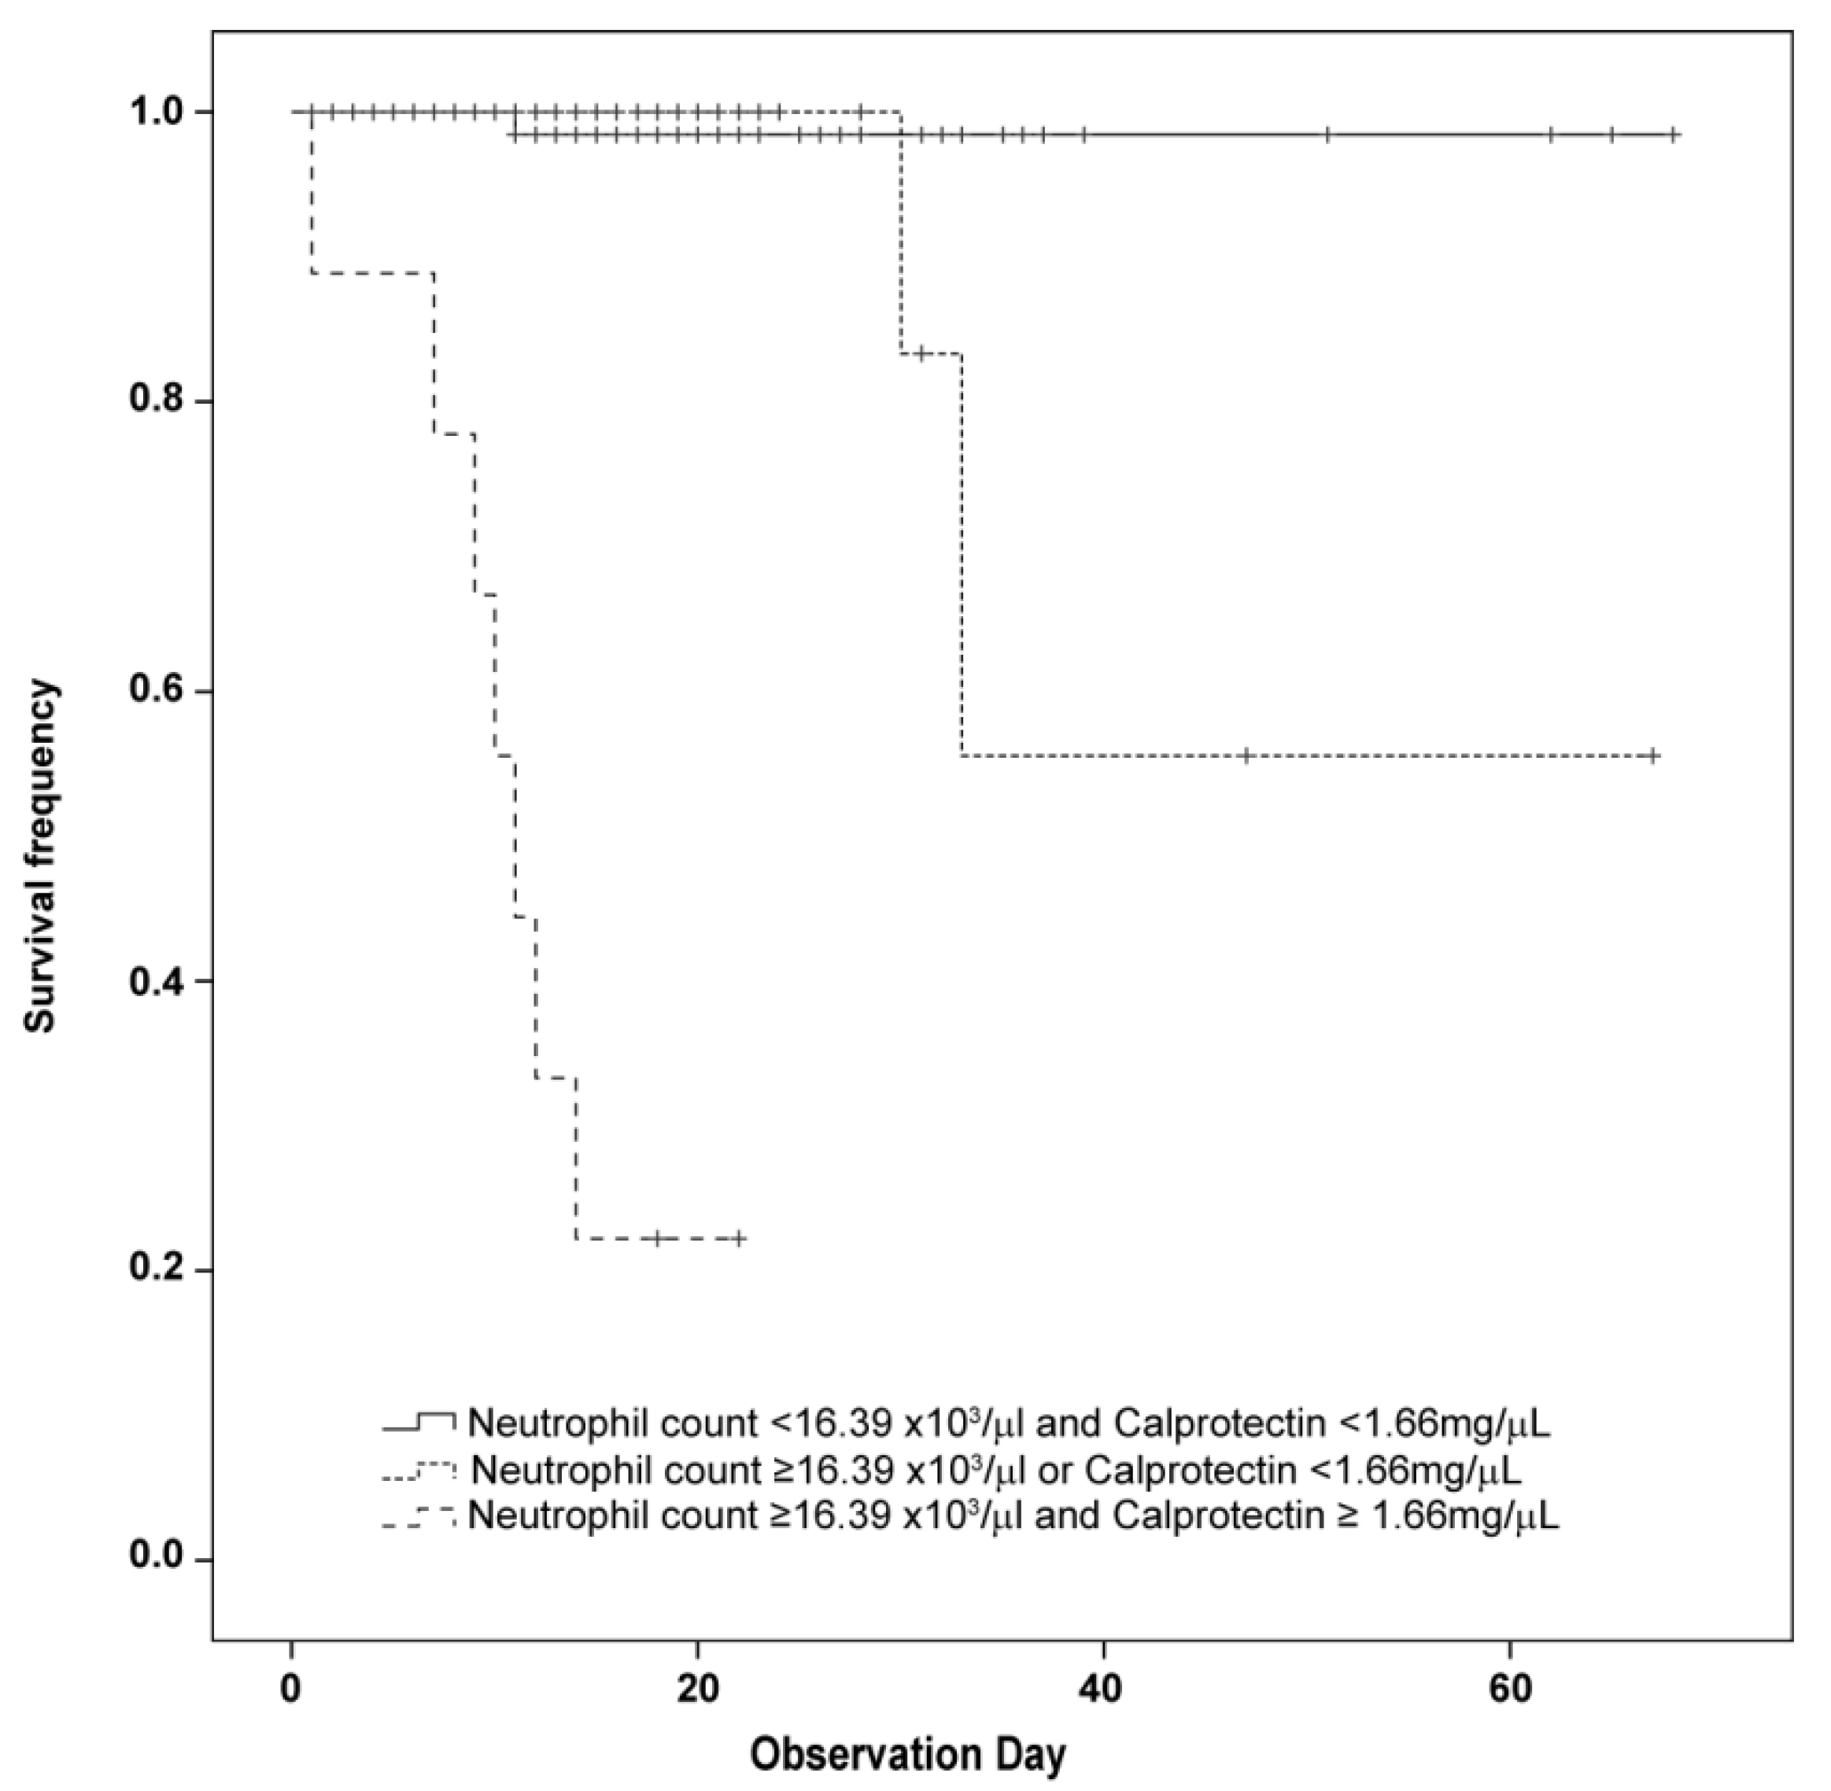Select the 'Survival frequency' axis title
[x=42, y=856]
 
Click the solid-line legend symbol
[x=419, y=1424]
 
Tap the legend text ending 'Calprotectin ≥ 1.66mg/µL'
[x=1013, y=1515]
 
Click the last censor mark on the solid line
[x=1673, y=135]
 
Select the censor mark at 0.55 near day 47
[x=1246, y=755]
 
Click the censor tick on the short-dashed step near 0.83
[x=922, y=353]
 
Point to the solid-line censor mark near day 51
[x=1327, y=135]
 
